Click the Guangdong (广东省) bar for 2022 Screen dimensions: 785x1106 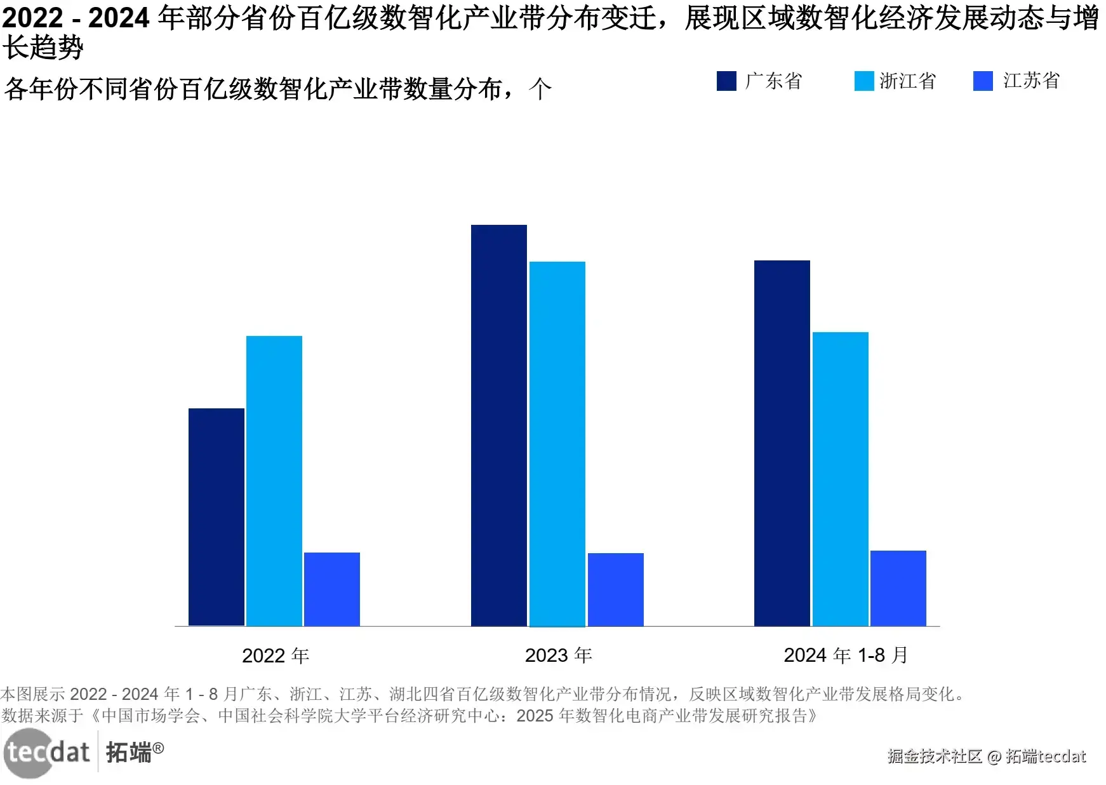click(x=217, y=517)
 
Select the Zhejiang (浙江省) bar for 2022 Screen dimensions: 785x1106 click(x=274, y=481)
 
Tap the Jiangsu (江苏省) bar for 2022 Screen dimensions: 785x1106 click(x=332, y=589)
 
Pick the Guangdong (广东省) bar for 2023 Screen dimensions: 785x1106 click(x=499, y=426)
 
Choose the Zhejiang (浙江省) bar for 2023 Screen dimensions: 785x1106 click(x=557, y=444)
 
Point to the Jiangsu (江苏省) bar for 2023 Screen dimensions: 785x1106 click(x=616, y=589)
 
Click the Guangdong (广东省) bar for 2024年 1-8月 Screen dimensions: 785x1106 click(x=782, y=443)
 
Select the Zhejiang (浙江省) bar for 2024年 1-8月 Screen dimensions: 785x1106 click(x=841, y=479)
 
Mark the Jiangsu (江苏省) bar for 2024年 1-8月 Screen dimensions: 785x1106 click(x=898, y=588)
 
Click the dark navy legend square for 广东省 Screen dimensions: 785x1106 click(x=726, y=81)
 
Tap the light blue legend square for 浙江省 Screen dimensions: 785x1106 click(x=864, y=81)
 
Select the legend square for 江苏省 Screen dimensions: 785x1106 click(x=983, y=81)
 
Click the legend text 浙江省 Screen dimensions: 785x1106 click(x=908, y=81)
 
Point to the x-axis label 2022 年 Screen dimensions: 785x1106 click(x=276, y=655)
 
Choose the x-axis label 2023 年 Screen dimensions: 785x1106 click(x=559, y=655)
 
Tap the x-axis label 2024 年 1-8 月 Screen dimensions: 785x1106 click(x=846, y=655)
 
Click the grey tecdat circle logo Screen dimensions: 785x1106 click(x=28, y=753)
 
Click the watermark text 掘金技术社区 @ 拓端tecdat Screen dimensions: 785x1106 click(x=987, y=756)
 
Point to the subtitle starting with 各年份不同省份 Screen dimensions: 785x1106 click(x=278, y=89)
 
